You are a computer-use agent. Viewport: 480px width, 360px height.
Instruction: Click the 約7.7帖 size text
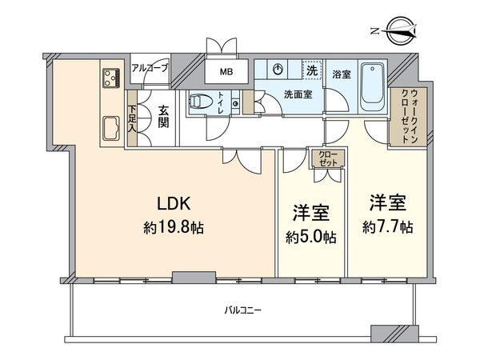coord(386,228)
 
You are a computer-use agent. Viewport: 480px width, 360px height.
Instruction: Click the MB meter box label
coord(228,72)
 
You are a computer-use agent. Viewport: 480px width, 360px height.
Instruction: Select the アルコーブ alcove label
coord(150,69)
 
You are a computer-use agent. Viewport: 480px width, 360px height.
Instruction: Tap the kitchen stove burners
coord(110,78)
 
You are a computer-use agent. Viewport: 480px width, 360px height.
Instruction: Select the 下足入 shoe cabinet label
coord(132,118)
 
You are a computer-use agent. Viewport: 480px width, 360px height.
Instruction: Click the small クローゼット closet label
coord(326,158)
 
